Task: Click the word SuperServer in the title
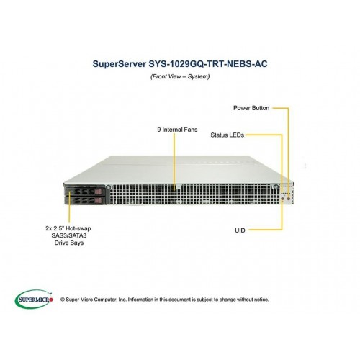[120, 64]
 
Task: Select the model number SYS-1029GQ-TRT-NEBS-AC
[208, 64]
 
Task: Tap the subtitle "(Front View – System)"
[180, 76]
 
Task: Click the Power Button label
[251, 108]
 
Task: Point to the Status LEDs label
[227, 135]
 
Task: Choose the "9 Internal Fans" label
[177, 130]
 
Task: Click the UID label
[240, 230]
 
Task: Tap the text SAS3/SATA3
[69, 235]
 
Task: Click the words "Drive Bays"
[69, 243]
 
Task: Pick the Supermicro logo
[34, 299]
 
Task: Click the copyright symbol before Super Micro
[63, 300]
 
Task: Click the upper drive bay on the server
[85, 192]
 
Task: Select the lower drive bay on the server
[85, 200]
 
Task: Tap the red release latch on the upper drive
[99, 192]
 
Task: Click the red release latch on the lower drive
[99, 200]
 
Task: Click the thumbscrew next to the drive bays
[109, 186]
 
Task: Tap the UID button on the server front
[282, 199]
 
